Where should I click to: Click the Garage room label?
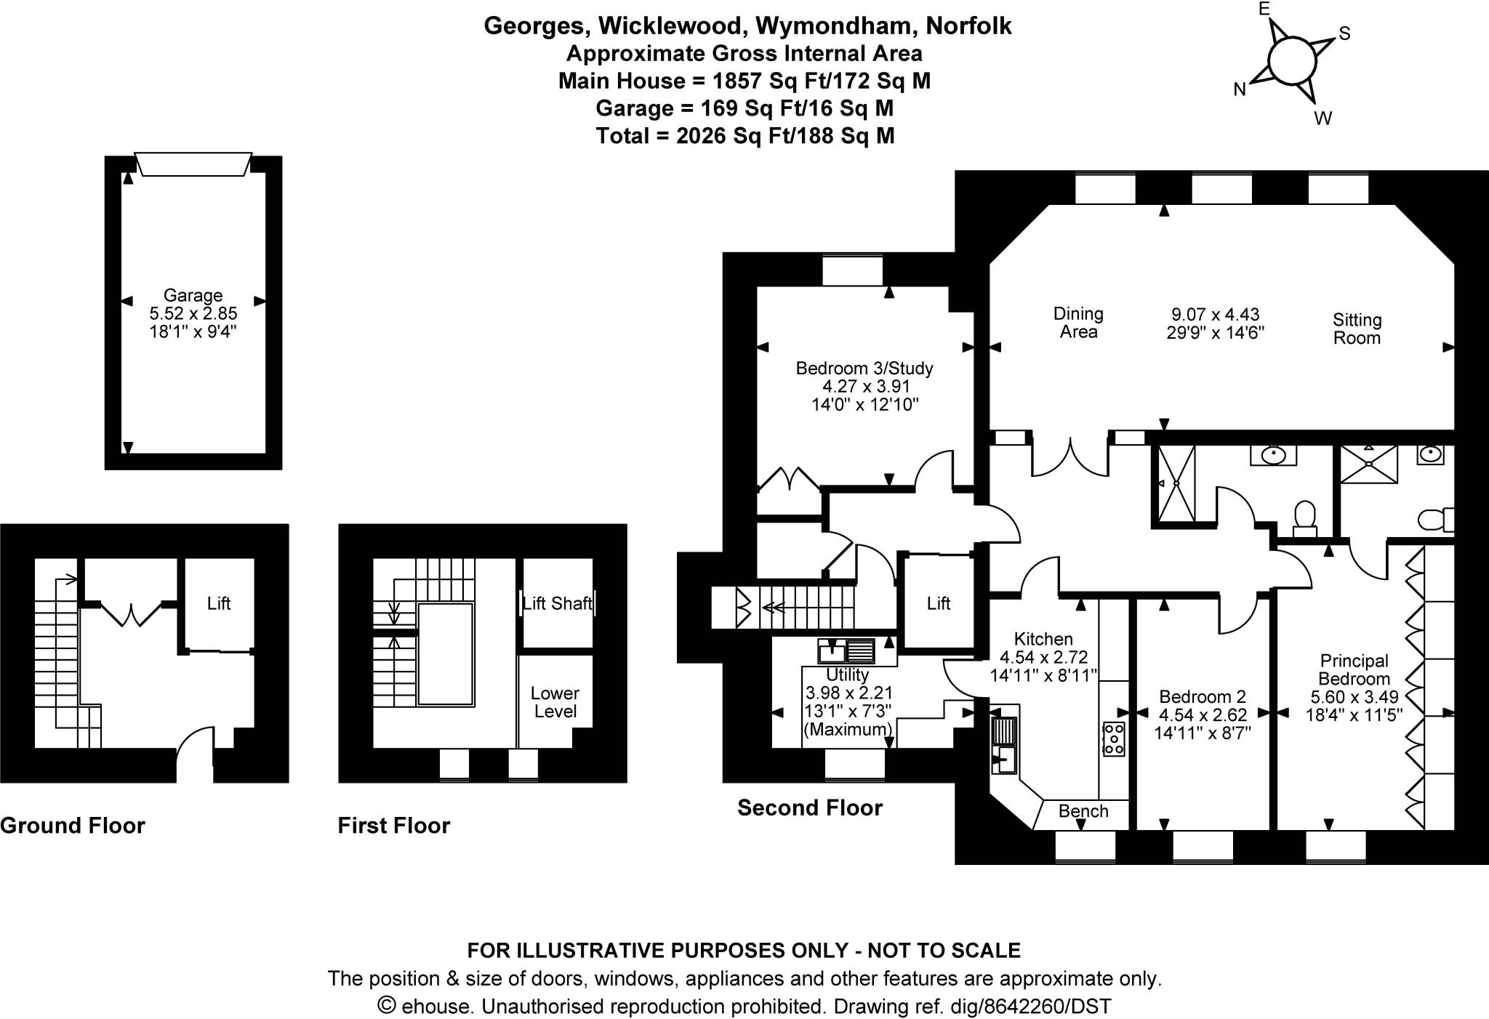tap(193, 296)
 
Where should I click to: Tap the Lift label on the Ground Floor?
tap(218, 603)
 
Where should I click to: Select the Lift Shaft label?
tap(558, 603)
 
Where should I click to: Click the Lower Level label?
tap(555, 702)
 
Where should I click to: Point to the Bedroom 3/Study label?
tap(864, 368)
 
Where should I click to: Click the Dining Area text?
tap(1078, 323)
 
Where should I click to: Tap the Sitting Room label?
tap(1357, 329)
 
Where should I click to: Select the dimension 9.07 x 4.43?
tap(1215, 315)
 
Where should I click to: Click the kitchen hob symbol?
tap(1114, 738)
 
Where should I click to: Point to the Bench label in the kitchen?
tap(1083, 811)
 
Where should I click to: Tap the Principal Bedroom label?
tap(1354, 669)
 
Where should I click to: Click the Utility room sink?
tap(846, 648)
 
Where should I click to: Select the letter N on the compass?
tap(1240, 89)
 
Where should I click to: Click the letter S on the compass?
tap(1344, 34)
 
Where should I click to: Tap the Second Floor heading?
tap(809, 807)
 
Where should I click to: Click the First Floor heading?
tap(393, 826)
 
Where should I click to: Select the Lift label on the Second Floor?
tap(938, 603)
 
